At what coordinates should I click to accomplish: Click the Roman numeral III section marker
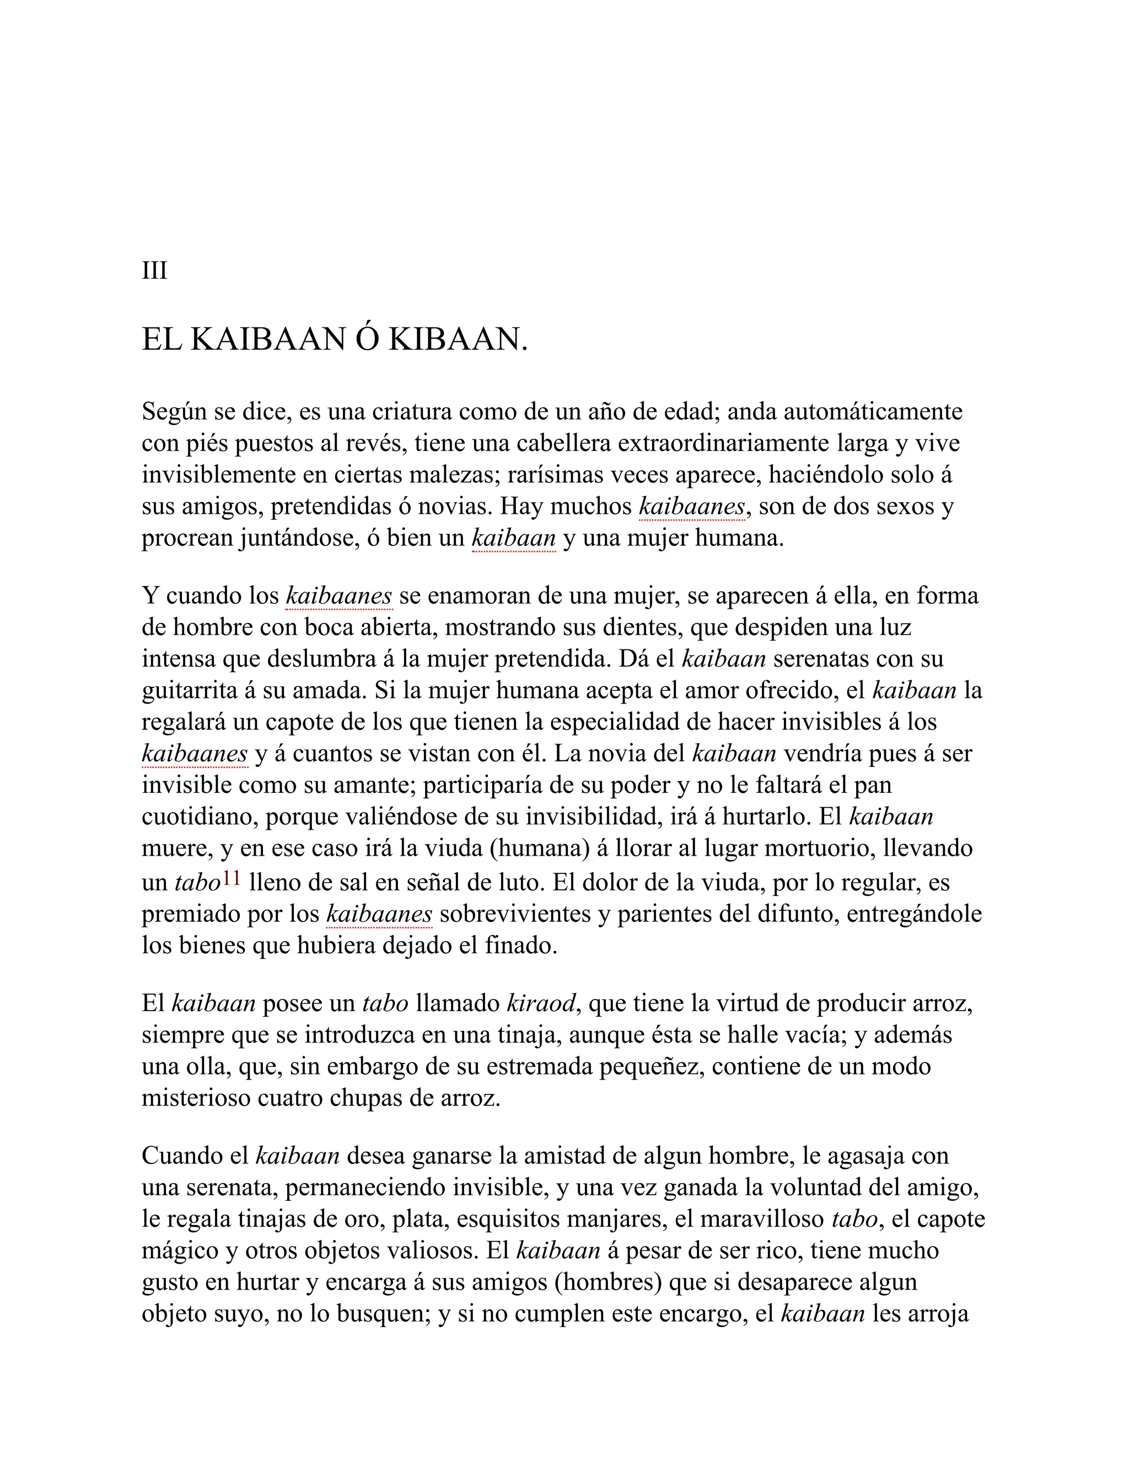point(154,271)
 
